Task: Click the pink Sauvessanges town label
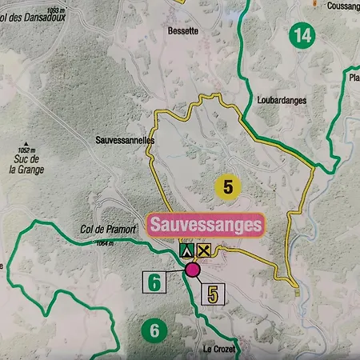[205, 225]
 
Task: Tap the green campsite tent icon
[186, 250]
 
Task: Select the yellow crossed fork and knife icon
[204, 250]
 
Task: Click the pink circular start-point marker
[192, 270]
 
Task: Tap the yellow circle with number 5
[228, 187]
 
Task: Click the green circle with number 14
[302, 34]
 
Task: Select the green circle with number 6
[154, 330]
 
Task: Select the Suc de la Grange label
[30, 164]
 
